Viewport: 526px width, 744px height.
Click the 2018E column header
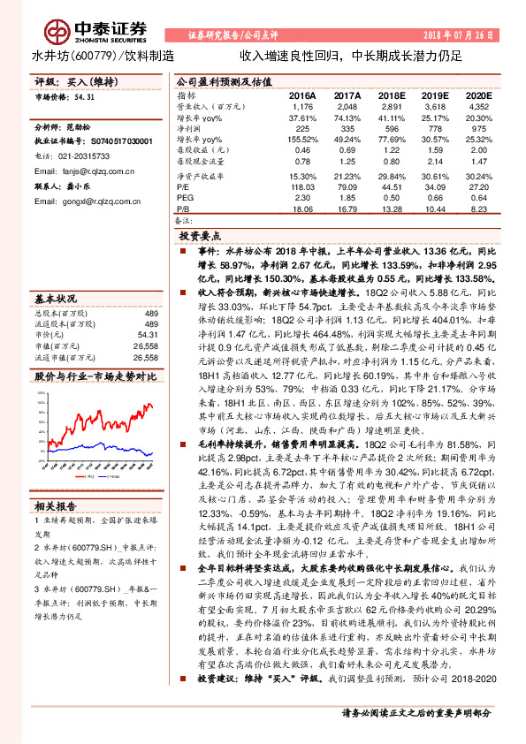coord(393,95)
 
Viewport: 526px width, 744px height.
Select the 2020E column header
coord(477,95)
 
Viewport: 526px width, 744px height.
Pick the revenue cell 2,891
coord(393,105)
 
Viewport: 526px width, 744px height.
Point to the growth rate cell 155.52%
coord(302,140)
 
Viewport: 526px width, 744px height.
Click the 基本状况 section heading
coord(55,298)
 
